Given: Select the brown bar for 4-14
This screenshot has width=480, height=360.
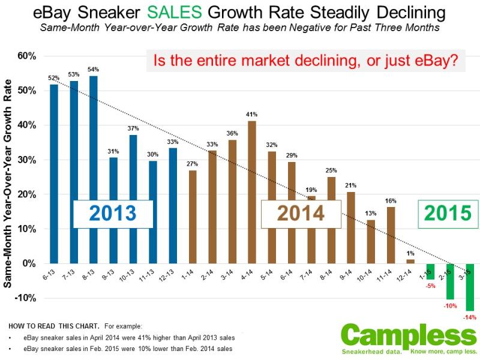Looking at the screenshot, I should (252, 192).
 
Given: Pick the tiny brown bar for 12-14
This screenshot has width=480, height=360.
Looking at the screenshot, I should (410, 262).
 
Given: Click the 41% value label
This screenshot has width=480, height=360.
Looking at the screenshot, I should (252, 114).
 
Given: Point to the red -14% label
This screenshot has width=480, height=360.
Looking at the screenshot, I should (470, 316).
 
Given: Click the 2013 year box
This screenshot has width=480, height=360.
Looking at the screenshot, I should (113, 214).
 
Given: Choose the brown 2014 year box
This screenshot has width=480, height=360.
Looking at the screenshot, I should (301, 214).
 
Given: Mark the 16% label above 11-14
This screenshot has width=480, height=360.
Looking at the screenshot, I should (391, 200).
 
